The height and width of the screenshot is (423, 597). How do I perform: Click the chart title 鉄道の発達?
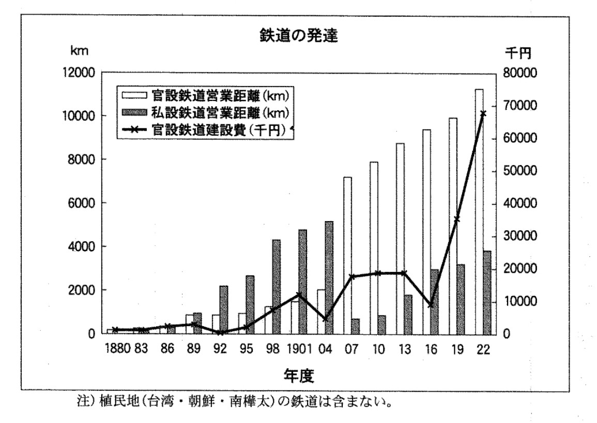299,36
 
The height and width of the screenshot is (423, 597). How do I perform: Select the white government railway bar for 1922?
479,212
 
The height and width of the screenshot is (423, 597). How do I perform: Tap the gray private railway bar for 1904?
329,278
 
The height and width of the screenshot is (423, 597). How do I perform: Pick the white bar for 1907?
347,256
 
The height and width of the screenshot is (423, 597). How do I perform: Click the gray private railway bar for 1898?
277,287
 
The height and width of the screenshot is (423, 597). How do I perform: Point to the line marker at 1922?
483,113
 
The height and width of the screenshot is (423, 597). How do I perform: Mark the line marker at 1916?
431,305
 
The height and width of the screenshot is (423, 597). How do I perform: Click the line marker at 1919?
457,220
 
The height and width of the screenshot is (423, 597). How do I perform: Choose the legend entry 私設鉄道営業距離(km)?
206,113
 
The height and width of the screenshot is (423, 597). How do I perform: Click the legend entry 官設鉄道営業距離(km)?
206,95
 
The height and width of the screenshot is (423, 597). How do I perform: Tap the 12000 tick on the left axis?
78,72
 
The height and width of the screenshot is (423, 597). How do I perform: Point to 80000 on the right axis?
519,72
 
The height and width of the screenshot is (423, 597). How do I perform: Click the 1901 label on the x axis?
299,348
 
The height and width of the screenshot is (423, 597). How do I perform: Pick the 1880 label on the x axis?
118,348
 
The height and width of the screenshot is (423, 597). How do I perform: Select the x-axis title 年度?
299,376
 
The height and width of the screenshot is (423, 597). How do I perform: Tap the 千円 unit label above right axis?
518,53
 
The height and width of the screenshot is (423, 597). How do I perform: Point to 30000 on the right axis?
519,236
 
